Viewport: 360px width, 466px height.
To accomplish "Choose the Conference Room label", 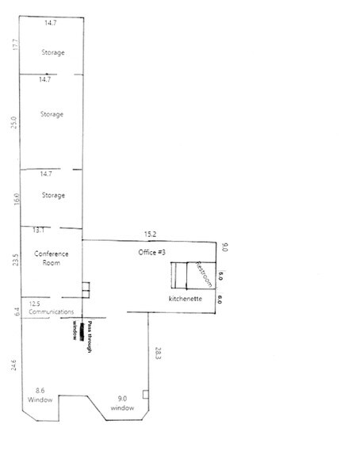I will pos(52,258).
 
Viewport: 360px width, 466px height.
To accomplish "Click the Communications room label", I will pos(52,312).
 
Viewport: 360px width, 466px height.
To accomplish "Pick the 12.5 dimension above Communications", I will pos(34,303).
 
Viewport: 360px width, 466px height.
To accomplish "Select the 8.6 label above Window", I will pos(40,392).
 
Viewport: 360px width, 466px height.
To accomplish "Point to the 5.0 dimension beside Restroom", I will pos(221,277).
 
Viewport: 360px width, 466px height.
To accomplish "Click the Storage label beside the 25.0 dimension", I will pos(52,114).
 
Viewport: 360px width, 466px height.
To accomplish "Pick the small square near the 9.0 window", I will pos(144,393).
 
